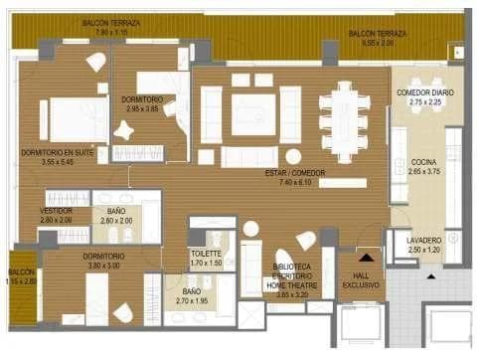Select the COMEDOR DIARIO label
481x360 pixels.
pos(425,91)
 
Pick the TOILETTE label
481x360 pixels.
pos(207,254)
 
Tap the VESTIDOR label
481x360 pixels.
pos(56,211)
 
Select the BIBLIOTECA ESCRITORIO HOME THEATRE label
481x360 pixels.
pos(291,275)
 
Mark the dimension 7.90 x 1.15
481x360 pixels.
pos(110,32)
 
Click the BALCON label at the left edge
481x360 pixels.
pos(21,271)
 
